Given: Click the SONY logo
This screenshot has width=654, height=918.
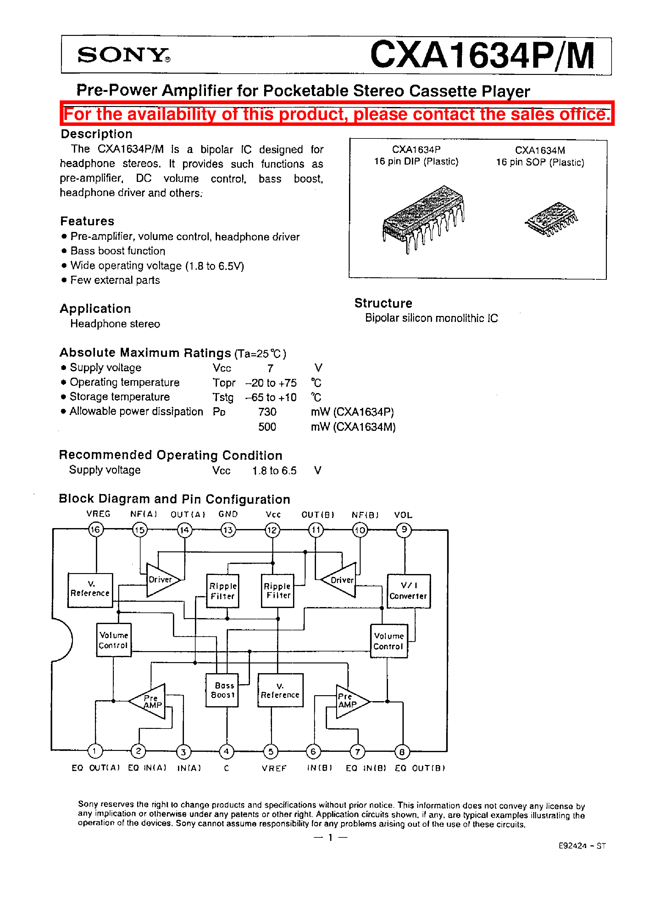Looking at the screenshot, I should (123, 55).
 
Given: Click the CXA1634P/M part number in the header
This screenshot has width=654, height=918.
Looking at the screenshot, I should (482, 55).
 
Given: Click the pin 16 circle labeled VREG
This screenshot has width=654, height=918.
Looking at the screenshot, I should (96, 530).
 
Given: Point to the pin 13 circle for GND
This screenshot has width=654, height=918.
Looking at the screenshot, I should (228, 530).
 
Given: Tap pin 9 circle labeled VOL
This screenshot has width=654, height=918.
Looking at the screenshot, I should (404, 530).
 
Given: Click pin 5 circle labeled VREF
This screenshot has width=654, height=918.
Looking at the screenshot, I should (271, 751).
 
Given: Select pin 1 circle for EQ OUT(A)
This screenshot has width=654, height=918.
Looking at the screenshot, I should (95, 751).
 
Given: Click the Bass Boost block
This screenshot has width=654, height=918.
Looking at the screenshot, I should (222, 690).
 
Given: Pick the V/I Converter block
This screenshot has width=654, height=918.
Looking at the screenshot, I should (409, 591).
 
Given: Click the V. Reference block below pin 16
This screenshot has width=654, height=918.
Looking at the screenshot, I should (90, 590).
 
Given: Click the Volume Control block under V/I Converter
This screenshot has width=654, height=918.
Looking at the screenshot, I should (389, 641).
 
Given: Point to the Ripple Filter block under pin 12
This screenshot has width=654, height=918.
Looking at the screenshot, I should (277, 591).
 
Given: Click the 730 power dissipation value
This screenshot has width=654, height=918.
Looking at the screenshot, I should (267, 412).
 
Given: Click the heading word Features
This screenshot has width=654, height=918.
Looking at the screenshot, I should (87, 221).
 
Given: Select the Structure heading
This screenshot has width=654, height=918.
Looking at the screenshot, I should (383, 303).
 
